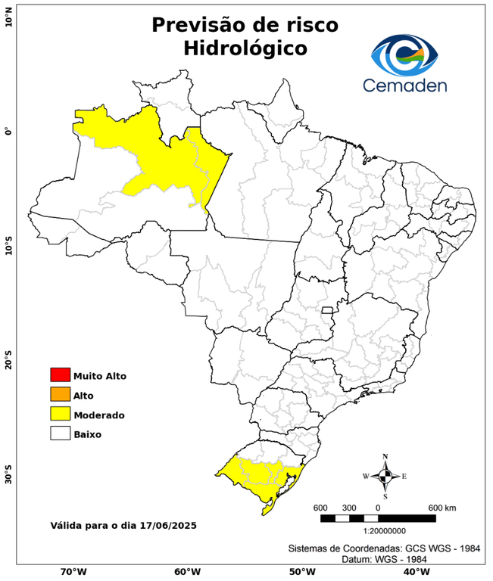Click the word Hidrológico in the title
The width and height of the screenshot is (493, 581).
245,48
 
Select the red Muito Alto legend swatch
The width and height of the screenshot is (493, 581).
60,374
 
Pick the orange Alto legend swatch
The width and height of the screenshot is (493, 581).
60,394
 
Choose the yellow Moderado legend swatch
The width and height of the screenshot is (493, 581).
60,414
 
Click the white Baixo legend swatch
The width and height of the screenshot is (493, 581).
60,433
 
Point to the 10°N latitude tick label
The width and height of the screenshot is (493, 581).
8,17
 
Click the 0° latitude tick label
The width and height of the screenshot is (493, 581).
8,131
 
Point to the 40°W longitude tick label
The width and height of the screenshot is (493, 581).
415,572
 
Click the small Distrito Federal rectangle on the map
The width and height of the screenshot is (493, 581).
328,310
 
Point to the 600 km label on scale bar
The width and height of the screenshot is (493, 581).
442,507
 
